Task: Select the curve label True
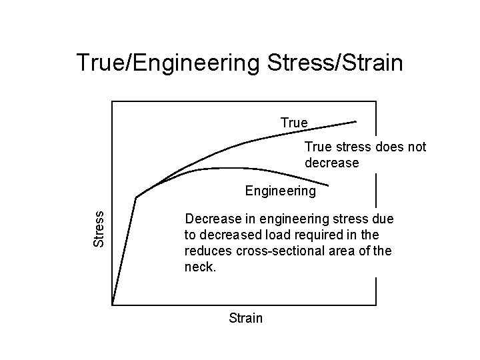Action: pyautogui.click(x=294, y=123)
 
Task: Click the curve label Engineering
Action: pyautogui.click(x=281, y=191)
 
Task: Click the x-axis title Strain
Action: pyautogui.click(x=245, y=318)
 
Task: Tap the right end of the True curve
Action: pyautogui.click(x=356, y=121)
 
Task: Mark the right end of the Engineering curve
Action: pyautogui.click(x=328, y=185)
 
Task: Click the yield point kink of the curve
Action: pyautogui.click(x=137, y=197)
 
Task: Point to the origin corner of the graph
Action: pyautogui.click(x=113, y=304)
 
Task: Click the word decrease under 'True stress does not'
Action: pyautogui.click(x=331, y=163)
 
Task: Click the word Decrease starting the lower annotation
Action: pyautogui.click(x=210, y=219)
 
